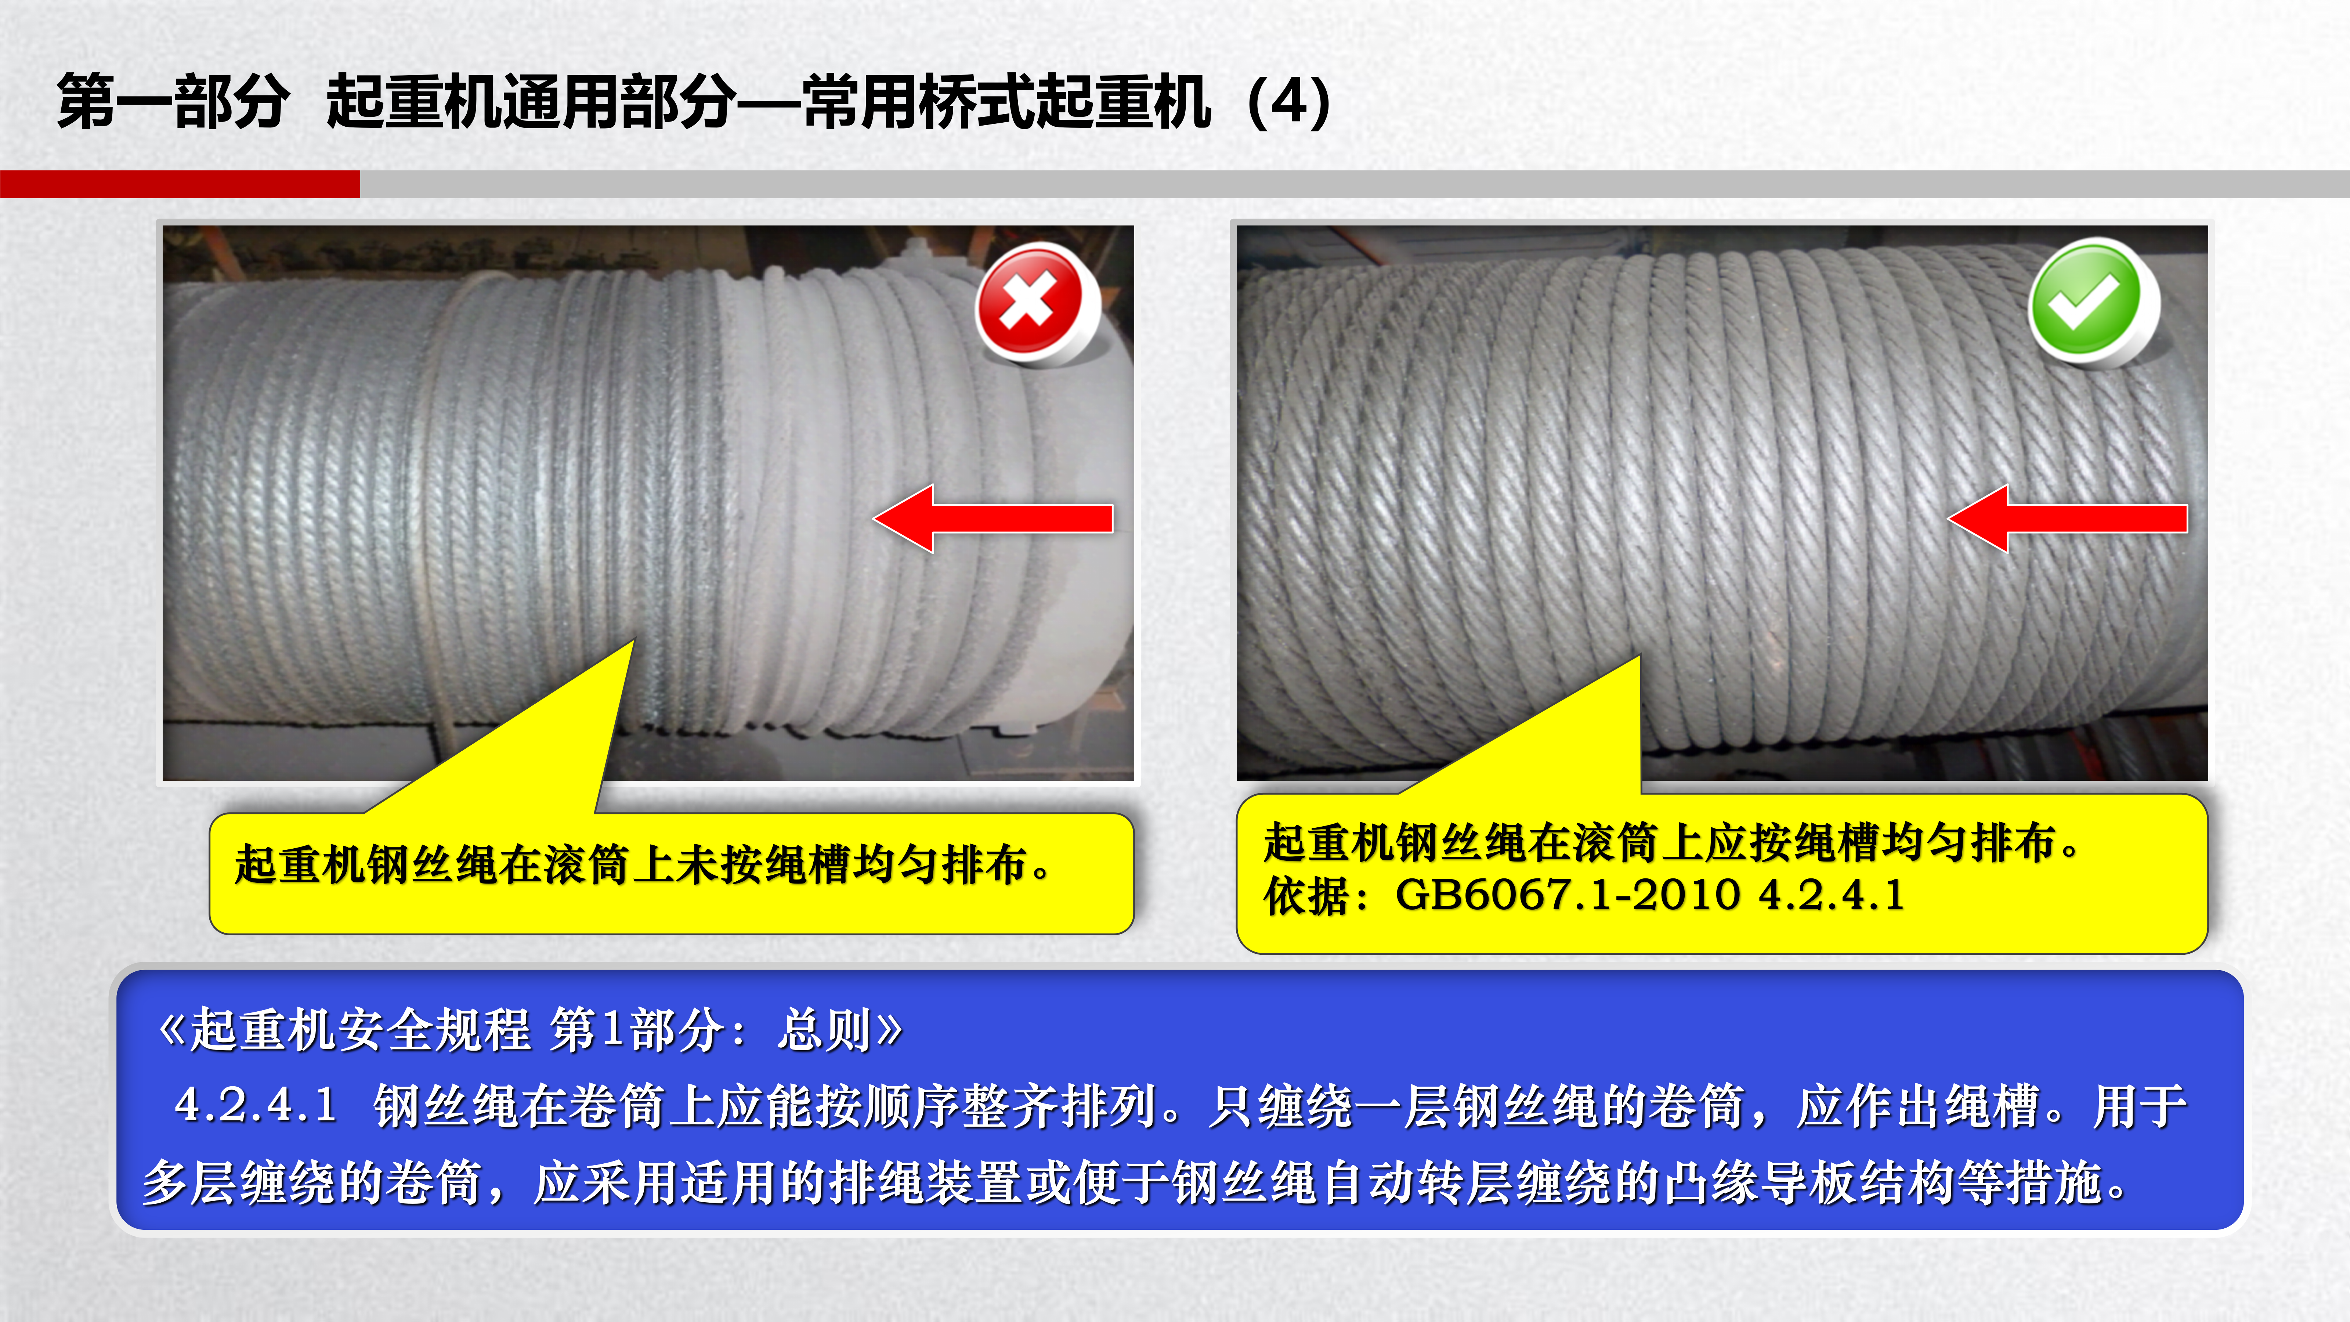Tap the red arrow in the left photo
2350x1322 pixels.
[993, 518]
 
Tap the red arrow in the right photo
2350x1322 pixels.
[2067, 518]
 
